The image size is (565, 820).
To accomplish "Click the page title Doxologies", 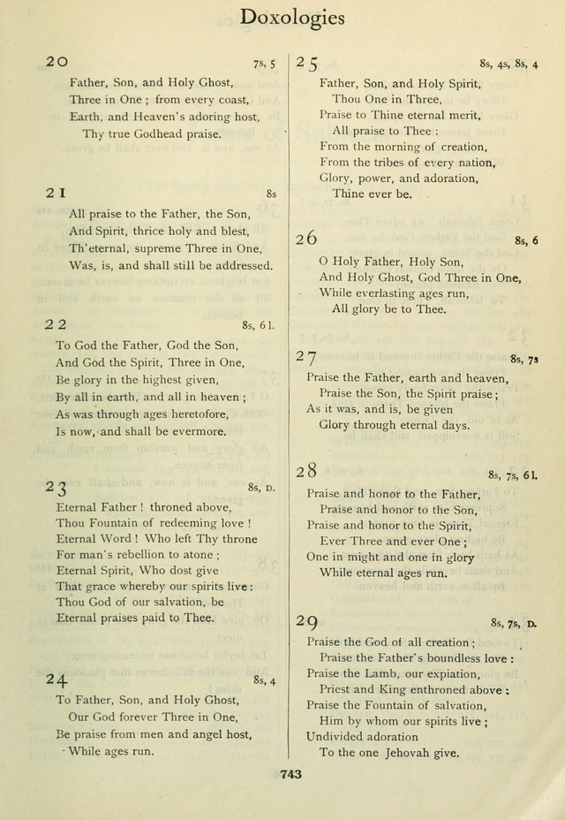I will pos(291,18).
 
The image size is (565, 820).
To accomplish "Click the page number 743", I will pos(290,774).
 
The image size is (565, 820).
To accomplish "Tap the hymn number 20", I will pos(56,62).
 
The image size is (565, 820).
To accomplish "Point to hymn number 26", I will pos(306,239).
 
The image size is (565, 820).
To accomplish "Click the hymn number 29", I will pos(307,622).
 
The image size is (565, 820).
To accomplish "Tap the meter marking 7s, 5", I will pos(264,63).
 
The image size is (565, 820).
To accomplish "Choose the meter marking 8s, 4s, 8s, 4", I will pos(509,64).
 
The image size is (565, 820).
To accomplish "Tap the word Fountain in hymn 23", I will pos(117,523).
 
